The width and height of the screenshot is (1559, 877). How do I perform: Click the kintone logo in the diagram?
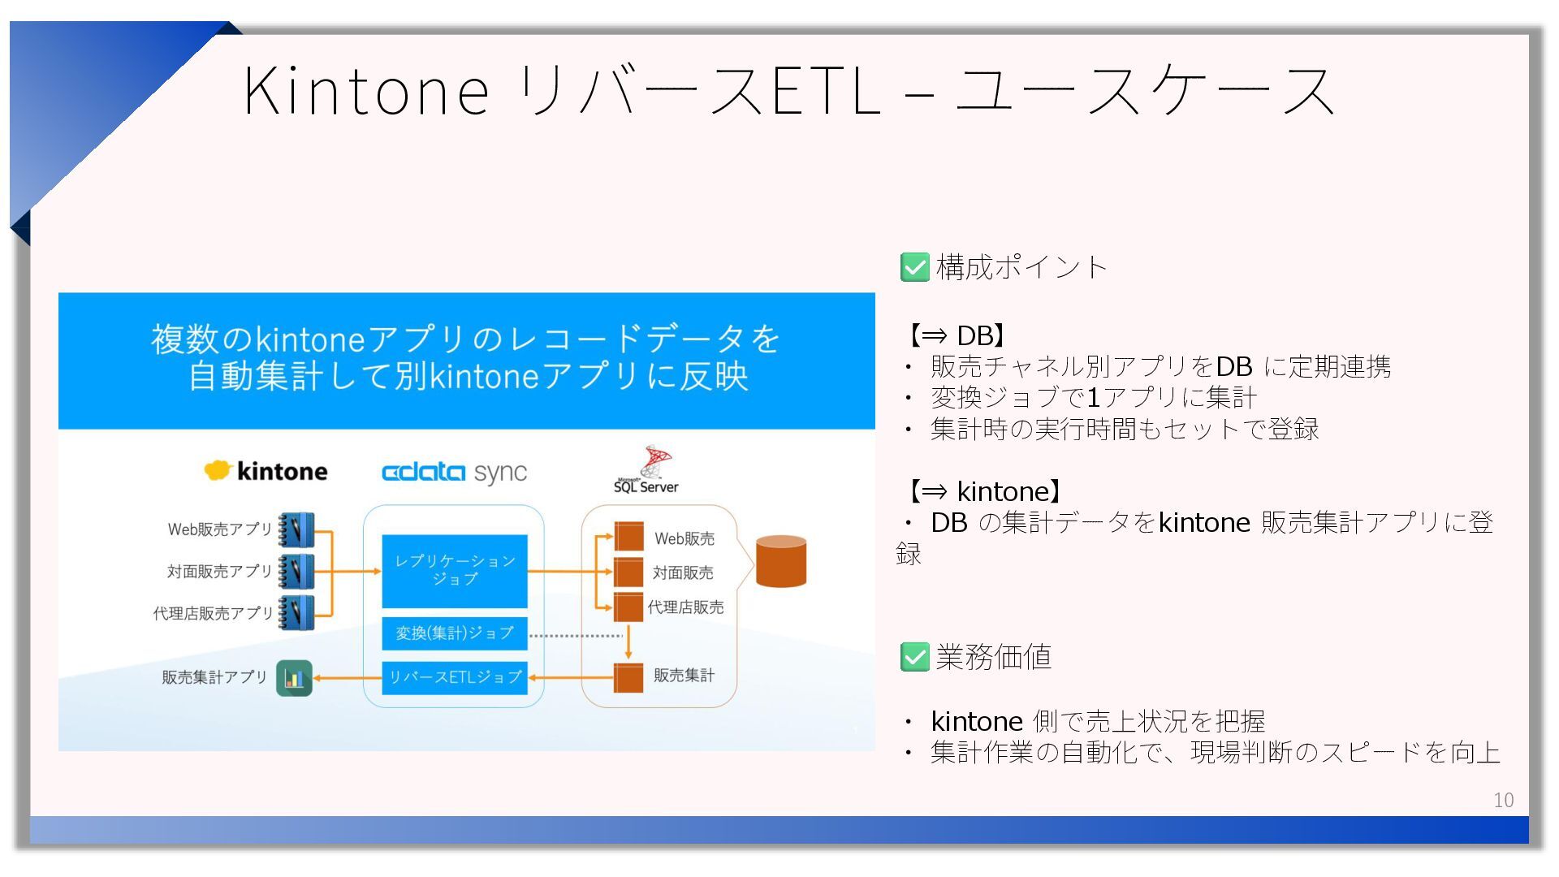(266, 471)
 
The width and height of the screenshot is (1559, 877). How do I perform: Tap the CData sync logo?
(454, 473)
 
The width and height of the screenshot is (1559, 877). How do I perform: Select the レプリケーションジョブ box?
(455, 570)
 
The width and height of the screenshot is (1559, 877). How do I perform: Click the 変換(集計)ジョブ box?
(455, 633)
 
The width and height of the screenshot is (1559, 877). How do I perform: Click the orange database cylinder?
(780, 561)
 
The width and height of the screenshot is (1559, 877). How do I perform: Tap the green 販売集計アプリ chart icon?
(294, 678)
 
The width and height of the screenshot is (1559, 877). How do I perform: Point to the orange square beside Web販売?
(628, 537)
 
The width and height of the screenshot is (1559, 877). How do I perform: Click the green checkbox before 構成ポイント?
(915, 267)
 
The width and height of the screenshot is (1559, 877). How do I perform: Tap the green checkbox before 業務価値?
(915, 657)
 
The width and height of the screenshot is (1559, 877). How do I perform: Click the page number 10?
(1503, 800)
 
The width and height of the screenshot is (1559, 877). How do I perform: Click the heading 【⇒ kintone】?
(984, 491)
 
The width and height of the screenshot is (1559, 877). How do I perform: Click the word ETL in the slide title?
(826, 90)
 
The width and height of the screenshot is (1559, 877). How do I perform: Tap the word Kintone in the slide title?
(366, 90)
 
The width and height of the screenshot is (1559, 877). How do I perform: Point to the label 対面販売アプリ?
(219, 572)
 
